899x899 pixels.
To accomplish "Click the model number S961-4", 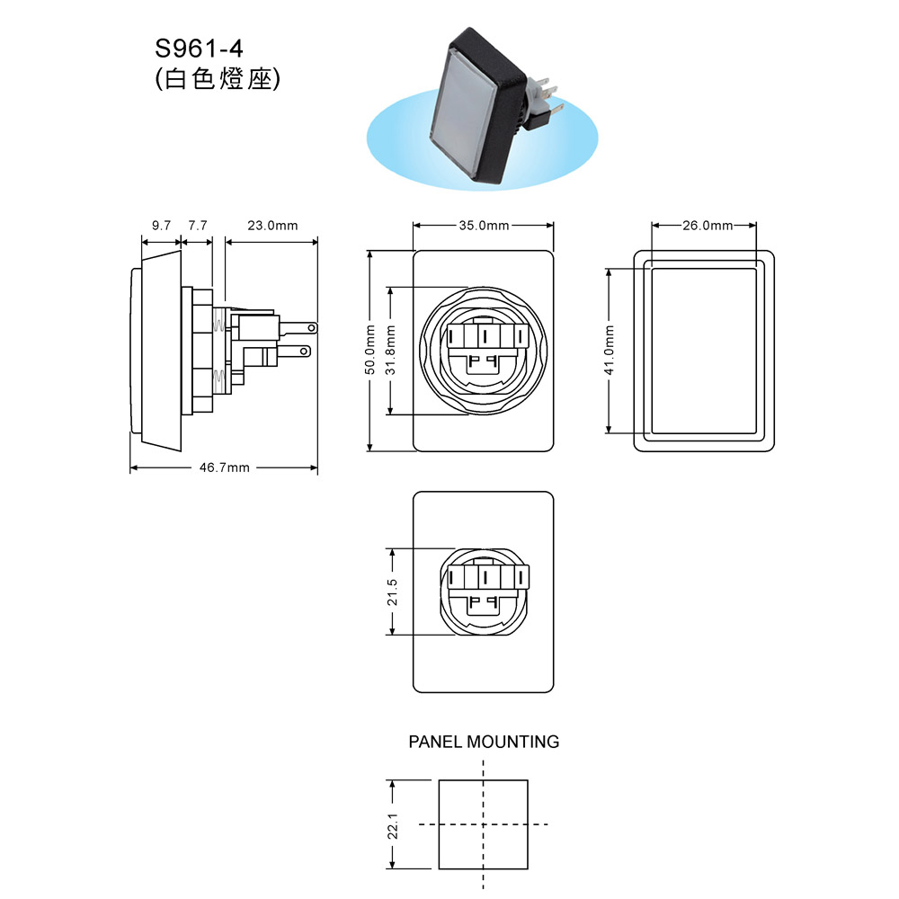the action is point(199,49).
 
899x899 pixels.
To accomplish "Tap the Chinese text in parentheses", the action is point(218,78).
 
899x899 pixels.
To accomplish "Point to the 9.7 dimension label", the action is point(161,226).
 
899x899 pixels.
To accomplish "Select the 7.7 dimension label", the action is point(198,226).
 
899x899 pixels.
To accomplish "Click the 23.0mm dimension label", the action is point(272,226).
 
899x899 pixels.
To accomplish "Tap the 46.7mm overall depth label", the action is point(224,467).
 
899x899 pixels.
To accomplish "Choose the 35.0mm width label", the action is point(484,226).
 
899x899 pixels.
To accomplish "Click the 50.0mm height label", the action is point(370,350).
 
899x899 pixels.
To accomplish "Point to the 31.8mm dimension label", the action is point(390,350).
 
